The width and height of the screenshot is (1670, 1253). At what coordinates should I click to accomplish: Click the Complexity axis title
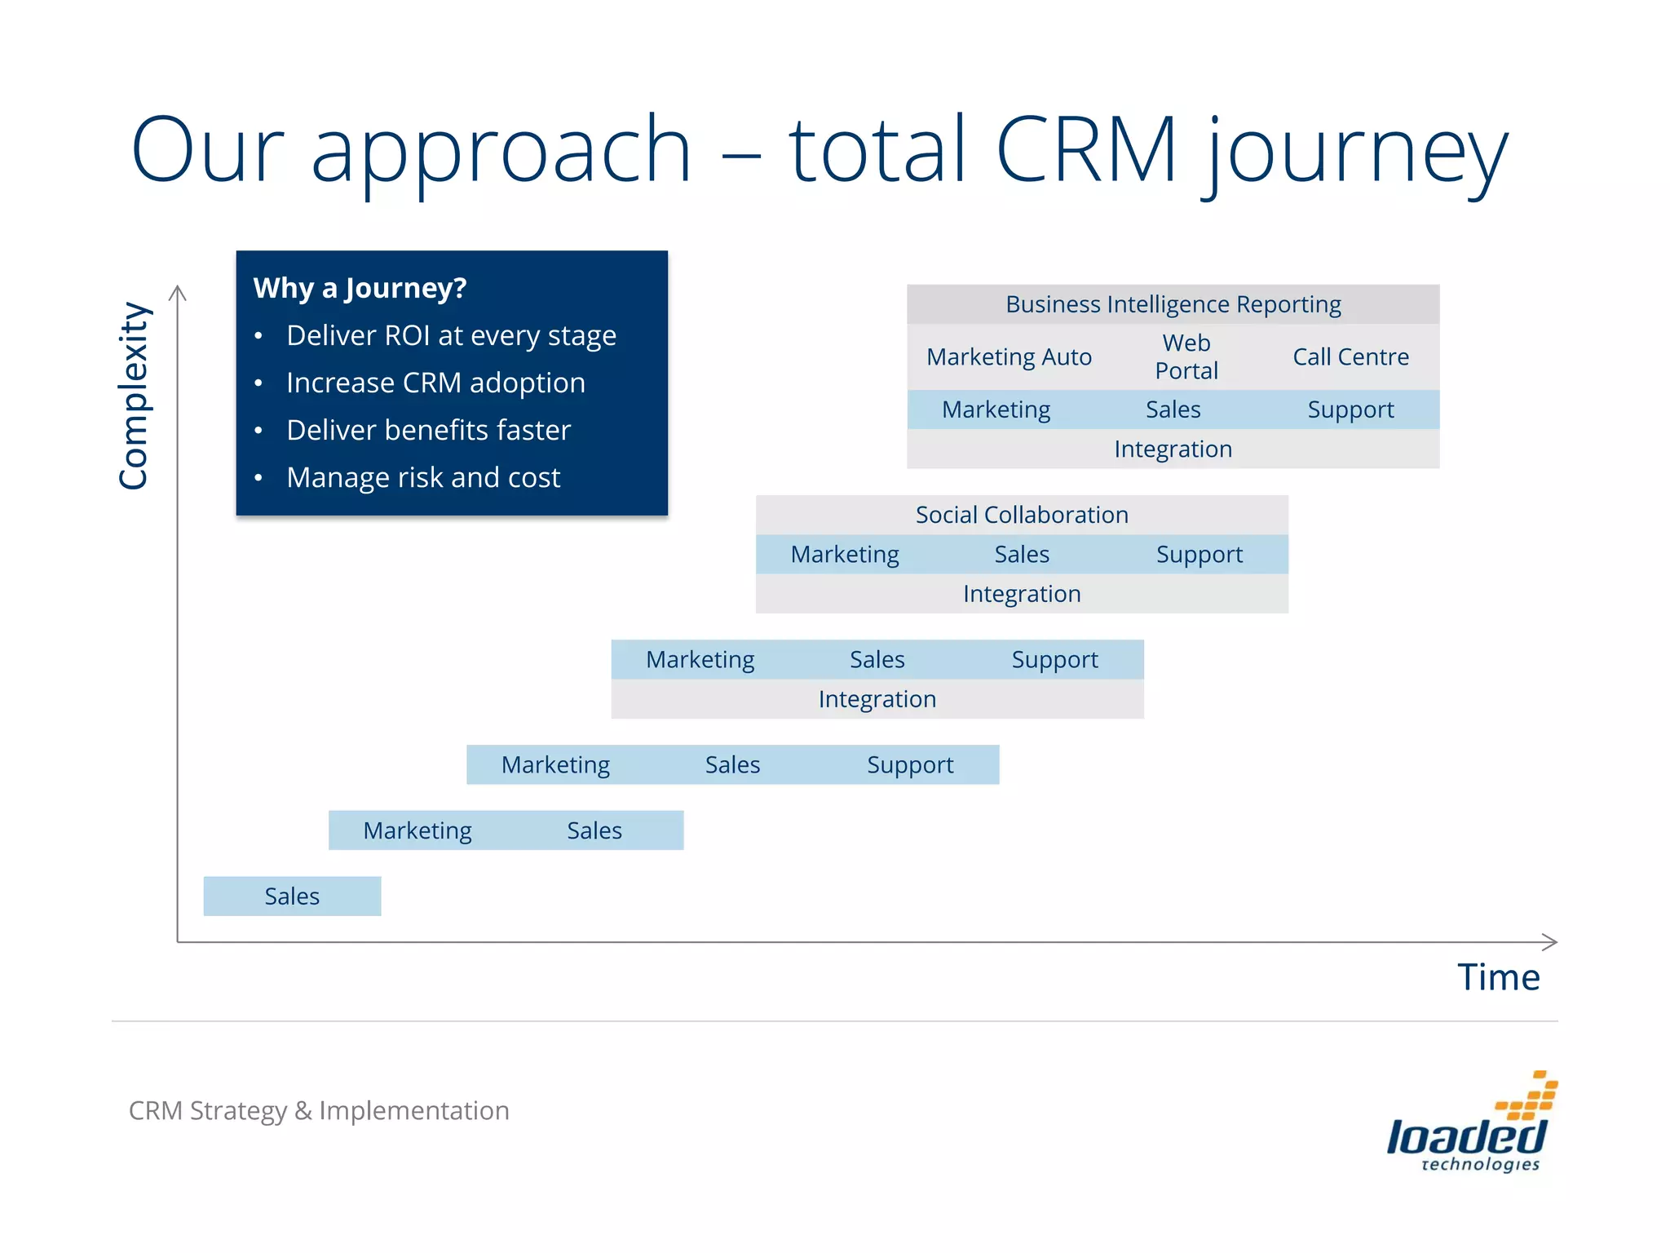133,396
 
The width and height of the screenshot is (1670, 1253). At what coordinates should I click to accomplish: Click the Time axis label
1498,977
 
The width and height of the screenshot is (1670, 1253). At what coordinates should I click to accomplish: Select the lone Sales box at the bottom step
292,897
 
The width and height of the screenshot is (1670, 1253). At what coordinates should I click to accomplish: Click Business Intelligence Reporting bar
1173,304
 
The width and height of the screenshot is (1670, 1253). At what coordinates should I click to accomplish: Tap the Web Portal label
1186,356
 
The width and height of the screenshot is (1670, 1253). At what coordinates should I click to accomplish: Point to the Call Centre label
1350,356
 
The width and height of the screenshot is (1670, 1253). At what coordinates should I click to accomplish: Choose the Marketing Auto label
1009,356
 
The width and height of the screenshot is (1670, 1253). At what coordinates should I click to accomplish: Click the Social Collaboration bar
1021,515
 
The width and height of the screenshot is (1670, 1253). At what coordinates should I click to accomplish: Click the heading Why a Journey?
360,288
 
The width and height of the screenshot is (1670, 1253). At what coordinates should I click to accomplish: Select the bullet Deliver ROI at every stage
451,335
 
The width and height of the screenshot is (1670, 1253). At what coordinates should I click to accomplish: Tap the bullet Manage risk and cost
423,477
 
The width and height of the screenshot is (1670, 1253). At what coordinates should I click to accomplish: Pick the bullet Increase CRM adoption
435,383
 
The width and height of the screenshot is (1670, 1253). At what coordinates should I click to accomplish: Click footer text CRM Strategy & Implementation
319,1110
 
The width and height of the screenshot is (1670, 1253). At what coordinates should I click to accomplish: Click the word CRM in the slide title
1086,149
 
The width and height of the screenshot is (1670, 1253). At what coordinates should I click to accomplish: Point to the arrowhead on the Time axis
1551,942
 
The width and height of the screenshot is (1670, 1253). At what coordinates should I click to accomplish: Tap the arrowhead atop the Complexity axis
178,292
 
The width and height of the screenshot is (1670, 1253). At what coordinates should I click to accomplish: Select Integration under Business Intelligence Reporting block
1173,449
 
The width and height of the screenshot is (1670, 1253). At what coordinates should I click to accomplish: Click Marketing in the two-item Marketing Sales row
417,830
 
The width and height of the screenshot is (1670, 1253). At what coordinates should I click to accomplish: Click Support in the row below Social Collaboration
1199,555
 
